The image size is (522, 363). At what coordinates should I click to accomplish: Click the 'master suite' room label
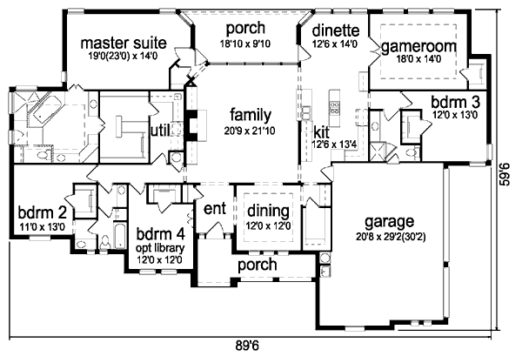pyautogui.click(x=124, y=44)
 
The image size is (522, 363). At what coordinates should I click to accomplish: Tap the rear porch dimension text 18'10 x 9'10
pyautogui.click(x=245, y=44)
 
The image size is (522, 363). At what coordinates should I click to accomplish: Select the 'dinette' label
pyautogui.click(x=336, y=30)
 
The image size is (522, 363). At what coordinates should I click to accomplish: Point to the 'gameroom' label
pyautogui.click(x=418, y=47)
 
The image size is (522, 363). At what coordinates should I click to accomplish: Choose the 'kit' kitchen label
pyautogui.click(x=321, y=132)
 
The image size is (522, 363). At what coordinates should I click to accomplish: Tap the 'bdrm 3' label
pyautogui.click(x=455, y=102)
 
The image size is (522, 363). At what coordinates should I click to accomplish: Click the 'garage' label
pyautogui.click(x=390, y=222)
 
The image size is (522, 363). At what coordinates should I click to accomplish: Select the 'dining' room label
pyautogui.click(x=268, y=211)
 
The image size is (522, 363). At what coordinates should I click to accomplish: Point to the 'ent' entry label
pyautogui.click(x=215, y=209)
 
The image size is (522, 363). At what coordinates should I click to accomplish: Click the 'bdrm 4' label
pyautogui.click(x=160, y=234)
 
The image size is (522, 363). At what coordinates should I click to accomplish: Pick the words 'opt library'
pyautogui.click(x=160, y=248)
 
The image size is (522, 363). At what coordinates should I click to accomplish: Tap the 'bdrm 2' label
pyautogui.click(x=43, y=212)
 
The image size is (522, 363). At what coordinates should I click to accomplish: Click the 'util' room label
pyautogui.click(x=161, y=131)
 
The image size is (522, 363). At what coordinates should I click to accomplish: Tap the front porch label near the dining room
pyautogui.click(x=257, y=265)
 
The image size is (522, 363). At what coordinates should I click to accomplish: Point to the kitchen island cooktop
pyautogui.click(x=334, y=107)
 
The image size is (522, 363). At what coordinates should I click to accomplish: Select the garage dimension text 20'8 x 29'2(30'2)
pyautogui.click(x=391, y=237)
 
